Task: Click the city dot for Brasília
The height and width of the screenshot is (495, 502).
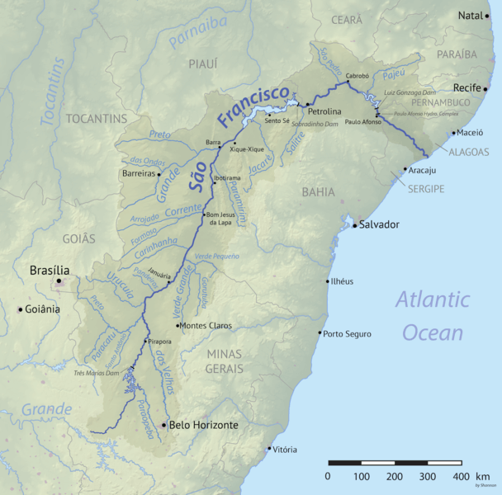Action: [x=59, y=281]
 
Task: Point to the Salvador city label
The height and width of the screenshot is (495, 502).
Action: [x=379, y=224]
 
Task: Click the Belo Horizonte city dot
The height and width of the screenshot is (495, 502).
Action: [x=163, y=425]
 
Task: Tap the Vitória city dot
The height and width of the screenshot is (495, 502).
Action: [x=269, y=450]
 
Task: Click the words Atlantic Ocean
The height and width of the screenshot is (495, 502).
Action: [x=432, y=315]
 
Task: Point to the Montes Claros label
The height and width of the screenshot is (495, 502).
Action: [x=207, y=326]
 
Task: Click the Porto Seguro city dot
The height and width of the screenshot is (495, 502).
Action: [x=320, y=333]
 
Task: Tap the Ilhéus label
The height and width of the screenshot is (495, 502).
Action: [x=342, y=281]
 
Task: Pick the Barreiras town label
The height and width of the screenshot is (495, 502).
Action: [x=138, y=174]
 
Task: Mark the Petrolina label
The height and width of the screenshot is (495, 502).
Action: [x=324, y=109]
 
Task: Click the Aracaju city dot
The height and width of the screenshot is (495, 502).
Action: [x=405, y=170]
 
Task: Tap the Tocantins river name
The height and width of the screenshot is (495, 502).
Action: [x=52, y=91]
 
